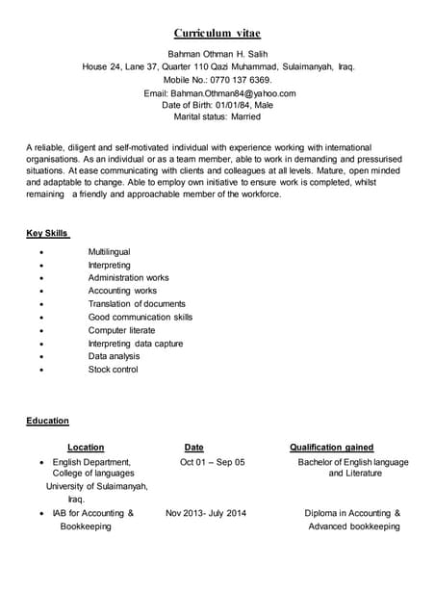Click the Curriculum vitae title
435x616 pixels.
[217, 34]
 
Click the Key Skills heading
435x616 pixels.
[47, 234]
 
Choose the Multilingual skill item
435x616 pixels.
[109, 252]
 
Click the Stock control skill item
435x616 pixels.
[113, 370]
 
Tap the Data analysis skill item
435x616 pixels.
[115, 356]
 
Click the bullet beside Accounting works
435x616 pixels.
[40, 291]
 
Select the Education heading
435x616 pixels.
[47, 421]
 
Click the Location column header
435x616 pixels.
[86, 448]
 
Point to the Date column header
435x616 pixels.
[193, 448]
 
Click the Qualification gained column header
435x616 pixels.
[331, 448]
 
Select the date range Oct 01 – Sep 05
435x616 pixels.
[212, 462]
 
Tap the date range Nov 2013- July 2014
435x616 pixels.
[205, 513]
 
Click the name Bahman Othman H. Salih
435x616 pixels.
[217, 54]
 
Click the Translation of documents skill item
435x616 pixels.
[136, 304]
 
